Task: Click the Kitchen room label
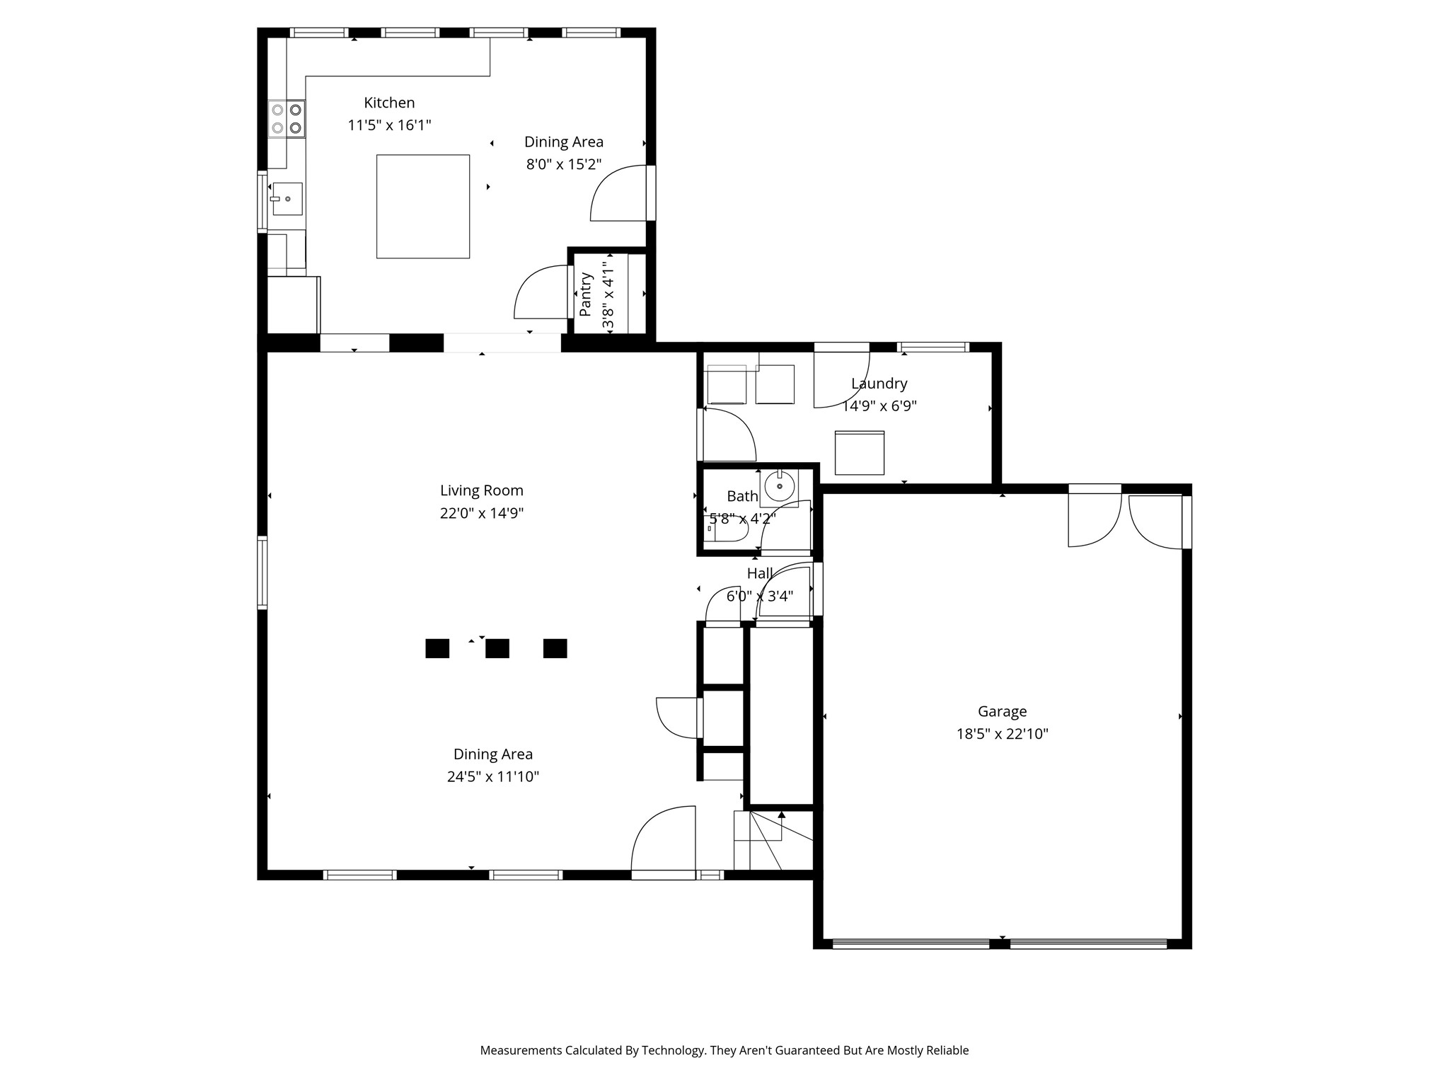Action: click(389, 103)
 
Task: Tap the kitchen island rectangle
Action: click(423, 207)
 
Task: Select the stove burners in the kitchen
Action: click(287, 119)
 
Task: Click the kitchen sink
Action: click(287, 199)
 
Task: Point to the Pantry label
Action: click(585, 294)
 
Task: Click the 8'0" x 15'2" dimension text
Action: click(564, 164)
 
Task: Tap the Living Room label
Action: click(482, 490)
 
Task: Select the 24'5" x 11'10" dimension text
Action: click(493, 776)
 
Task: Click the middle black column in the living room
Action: click(497, 648)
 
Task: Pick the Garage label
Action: click(1003, 711)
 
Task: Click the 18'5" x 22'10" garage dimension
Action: click(1003, 734)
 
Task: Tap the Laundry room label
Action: click(879, 384)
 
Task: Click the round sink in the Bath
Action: click(780, 486)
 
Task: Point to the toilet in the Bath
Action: click(726, 529)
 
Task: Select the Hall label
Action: click(760, 573)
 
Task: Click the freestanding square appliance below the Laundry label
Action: click(860, 453)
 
